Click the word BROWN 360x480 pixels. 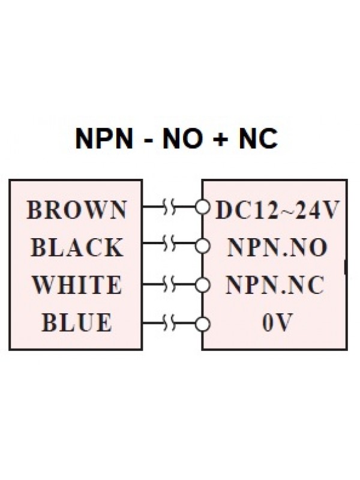point(77,210)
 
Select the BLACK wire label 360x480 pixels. point(77,247)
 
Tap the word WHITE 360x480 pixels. point(77,285)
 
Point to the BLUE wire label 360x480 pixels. point(77,323)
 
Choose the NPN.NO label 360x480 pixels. point(275,247)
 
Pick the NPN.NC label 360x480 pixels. point(275,285)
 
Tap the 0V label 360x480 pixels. point(275,323)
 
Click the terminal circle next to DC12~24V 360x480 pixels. point(205,210)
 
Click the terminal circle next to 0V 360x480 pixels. point(205,323)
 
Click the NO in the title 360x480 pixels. point(181,139)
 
